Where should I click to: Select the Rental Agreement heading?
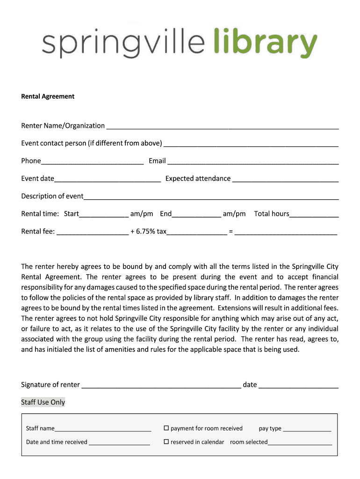tap(48, 96)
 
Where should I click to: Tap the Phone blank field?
tap(92, 161)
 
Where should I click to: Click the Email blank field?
tap(253, 161)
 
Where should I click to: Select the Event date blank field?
tap(108, 179)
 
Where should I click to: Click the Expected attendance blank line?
tap(285, 179)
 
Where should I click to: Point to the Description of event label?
tap(52, 196)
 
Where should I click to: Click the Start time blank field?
tap(104, 214)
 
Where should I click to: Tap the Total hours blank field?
tap(314, 214)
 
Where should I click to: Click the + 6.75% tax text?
tap(149, 231)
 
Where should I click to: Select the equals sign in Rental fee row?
tap(231, 232)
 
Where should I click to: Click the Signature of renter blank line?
tap(161, 385)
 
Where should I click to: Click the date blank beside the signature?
tap(298, 385)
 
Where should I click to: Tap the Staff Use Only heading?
tap(43, 402)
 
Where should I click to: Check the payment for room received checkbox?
tap(166, 428)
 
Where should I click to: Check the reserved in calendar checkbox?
tap(166, 442)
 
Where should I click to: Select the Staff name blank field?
tap(103, 429)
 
